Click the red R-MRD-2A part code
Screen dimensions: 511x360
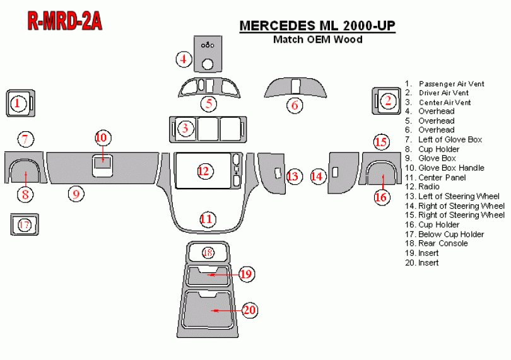click(x=65, y=21)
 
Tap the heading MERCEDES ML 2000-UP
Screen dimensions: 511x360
click(x=317, y=26)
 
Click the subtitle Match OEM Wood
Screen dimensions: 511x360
click(x=318, y=40)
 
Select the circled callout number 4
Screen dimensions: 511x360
click(x=184, y=59)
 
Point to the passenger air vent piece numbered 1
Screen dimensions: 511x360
click(x=21, y=103)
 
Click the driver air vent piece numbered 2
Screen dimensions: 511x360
click(x=387, y=101)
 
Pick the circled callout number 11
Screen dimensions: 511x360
click(x=207, y=219)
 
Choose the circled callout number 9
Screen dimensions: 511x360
click(x=76, y=194)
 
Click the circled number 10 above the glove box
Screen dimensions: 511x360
click(x=103, y=138)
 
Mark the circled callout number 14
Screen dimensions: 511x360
click(x=317, y=177)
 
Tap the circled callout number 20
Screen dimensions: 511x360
click(x=249, y=310)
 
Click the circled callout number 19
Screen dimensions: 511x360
click(x=247, y=274)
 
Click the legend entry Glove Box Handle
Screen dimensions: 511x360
click(x=445, y=168)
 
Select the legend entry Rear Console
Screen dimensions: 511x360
click(x=437, y=243)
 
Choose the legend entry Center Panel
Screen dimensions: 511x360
click(x=435, y=178)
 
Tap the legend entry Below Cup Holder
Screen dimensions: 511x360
click(x=445, y=235)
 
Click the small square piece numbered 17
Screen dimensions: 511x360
click(x=25, y=224)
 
